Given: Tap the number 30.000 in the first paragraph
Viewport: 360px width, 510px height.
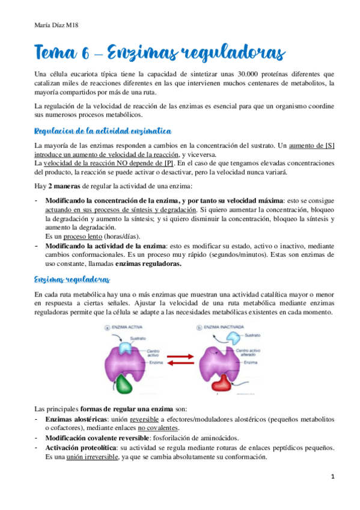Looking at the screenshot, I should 251,74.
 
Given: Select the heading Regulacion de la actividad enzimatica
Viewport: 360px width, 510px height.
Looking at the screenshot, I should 103,131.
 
